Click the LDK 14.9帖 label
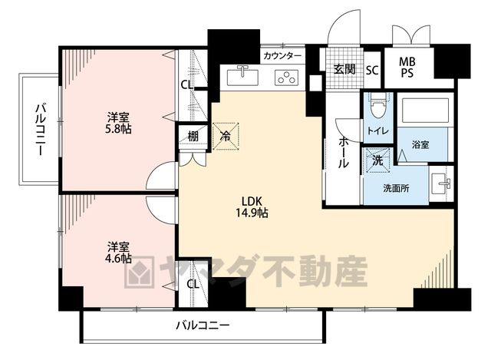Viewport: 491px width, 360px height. pyautogui.click(x=252, y=207)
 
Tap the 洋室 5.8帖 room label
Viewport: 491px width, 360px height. pyautogui.click(x=118, y=123)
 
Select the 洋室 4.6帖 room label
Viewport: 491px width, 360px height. pyautogui.click(x=118, y=253)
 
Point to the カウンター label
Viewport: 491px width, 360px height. pyautogui.click(x=282, y=56)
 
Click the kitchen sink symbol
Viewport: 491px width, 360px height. pyautogui.click(x=242, y=75)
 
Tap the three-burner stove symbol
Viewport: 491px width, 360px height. pyautogui.click(x=286, y=78)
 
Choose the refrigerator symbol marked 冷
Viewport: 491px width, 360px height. pyautogui.click(x=226, y=137)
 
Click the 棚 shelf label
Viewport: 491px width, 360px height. pyautogui.click(x=193, y=137)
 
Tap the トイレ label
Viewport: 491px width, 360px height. pyautogui.click(x=378, y=130)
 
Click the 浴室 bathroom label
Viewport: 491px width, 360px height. pyautogui.click(x=420, y=145)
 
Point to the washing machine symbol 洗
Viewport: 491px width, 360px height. pyautogui.click(x=378, y=160)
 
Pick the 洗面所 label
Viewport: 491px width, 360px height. pyautogui.click(x=396, y=188)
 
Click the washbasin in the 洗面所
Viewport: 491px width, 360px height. pyautogui.click(x=440, y=184)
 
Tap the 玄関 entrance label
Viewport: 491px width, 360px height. pyautogui.click(x=344, y=69)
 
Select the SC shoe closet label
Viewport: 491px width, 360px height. pyautogui.click(x=372, y=70)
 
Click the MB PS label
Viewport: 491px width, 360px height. pyautogui.click(x=407, y=67)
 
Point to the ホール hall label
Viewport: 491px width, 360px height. pyautogui.click(x=343, y=153)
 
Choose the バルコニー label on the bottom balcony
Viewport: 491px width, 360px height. pyautogui.click(x=203, y=325)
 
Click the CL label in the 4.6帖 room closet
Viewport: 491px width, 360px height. pyautogui.click(x=193, y=284)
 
